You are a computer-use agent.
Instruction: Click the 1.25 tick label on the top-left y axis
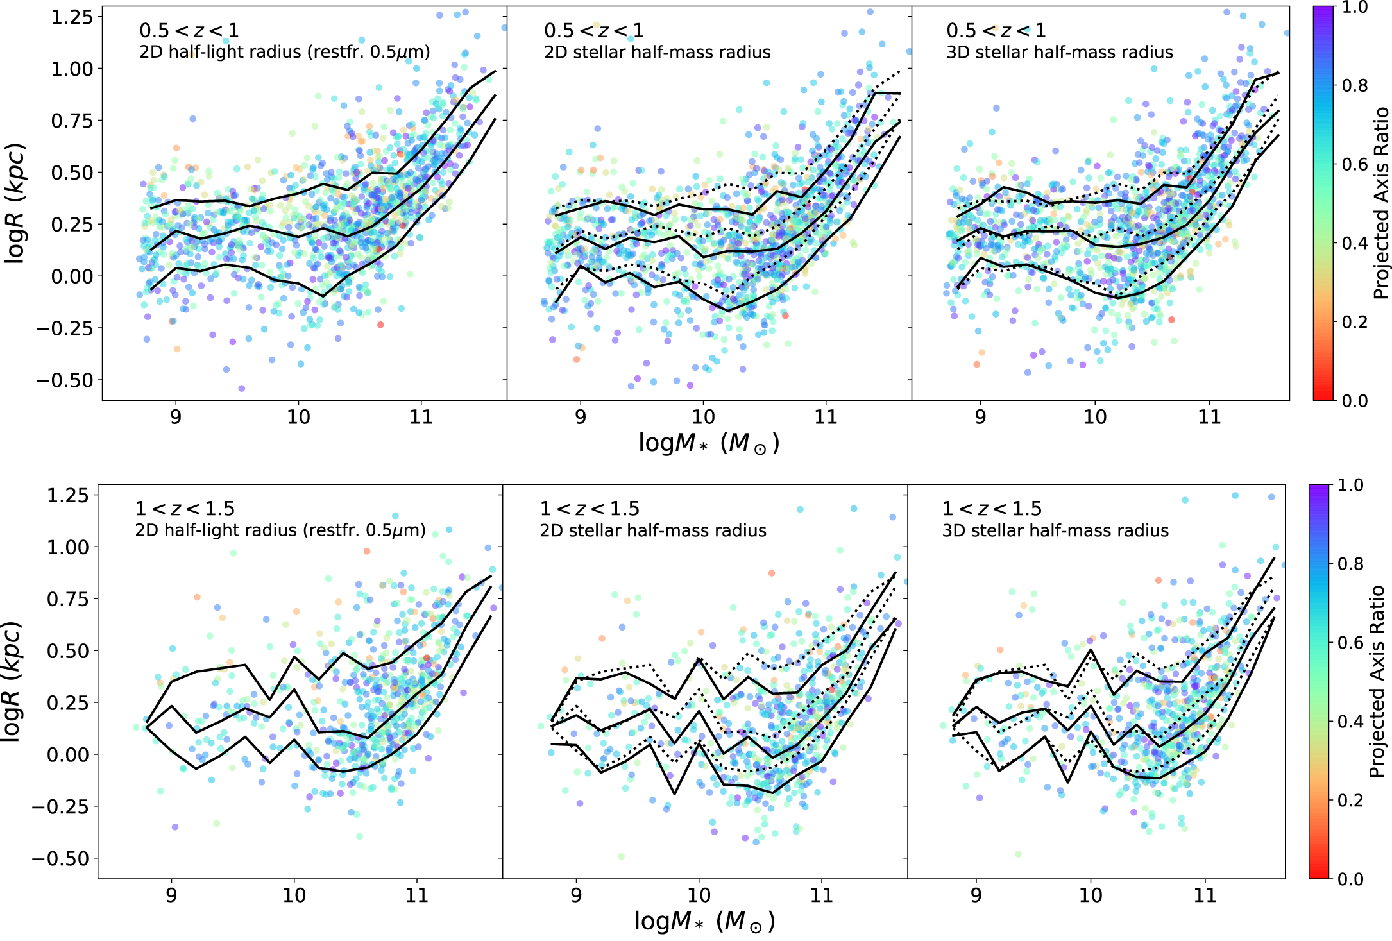coord(72,17)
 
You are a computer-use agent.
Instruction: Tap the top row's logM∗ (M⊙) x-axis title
coord(708,443)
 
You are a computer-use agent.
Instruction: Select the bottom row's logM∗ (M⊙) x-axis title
coord(704,922)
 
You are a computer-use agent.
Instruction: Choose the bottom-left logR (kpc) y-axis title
coord(12,681)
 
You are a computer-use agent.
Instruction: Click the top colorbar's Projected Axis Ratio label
coord(1380,203)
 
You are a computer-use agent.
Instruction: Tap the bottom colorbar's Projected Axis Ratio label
coord(1377,681)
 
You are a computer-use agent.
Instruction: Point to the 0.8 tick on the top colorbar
coord(1354,85)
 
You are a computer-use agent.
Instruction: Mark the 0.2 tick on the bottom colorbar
coord(1350,800)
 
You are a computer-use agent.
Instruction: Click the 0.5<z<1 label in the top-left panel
coord(189,30)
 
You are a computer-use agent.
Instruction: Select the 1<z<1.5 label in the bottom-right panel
coord(992,509)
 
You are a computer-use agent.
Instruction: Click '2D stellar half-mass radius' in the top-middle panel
coord(657,52)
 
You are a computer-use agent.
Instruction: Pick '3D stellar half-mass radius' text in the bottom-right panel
coord(1055,530)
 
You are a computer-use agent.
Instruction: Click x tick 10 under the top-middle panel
coord(703,417)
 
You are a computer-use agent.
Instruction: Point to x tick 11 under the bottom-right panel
coord(1205,895)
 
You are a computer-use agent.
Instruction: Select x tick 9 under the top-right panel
coord(980,417)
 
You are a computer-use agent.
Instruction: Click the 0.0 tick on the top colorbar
coord(1354,401)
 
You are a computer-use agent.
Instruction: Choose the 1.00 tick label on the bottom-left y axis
coord(67,547)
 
